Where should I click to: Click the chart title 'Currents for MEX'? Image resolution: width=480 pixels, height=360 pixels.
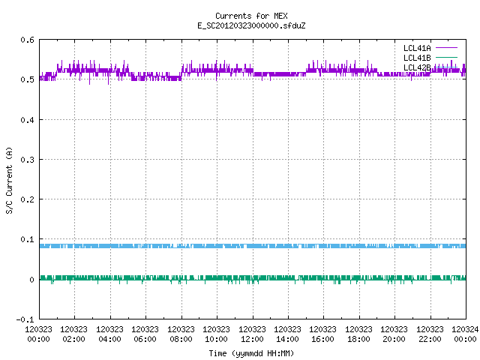(251, 16)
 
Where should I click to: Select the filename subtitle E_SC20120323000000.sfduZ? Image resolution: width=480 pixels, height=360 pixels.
(251, 25)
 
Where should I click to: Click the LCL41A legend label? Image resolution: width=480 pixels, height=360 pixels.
(417, 48)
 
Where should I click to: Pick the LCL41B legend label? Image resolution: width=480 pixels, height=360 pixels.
(417, 58)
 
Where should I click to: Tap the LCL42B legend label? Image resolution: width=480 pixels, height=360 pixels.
(417, 67)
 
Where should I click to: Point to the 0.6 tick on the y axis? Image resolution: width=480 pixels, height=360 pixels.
(27, 40)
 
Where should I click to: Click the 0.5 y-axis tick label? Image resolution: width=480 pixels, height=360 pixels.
(27, 79)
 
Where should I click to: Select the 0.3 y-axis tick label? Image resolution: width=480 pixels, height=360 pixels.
(27, 160)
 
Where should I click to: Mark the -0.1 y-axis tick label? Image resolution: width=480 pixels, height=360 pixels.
(25, 319)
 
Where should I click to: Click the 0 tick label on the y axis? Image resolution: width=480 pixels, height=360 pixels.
(31, 280)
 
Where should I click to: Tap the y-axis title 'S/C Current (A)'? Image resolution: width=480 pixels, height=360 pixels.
(10, 181)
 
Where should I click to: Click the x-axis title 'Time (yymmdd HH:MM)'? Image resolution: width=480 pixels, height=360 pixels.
(251, 353)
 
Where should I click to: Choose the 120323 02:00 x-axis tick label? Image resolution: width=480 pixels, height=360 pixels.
(73, 334)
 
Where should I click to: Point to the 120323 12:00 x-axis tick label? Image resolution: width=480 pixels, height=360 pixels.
(252, 334)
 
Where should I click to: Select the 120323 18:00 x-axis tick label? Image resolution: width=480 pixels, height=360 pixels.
(358, 334)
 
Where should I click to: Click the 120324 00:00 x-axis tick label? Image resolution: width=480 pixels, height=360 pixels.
(465, 334)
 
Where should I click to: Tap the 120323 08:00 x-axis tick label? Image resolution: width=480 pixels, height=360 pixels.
(181, 334)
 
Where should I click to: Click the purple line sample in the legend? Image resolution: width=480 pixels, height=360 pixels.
(446, 48)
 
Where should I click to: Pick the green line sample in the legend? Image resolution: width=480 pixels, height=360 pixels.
(446, 57)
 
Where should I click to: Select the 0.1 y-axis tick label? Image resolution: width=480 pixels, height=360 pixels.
(27, 240)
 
